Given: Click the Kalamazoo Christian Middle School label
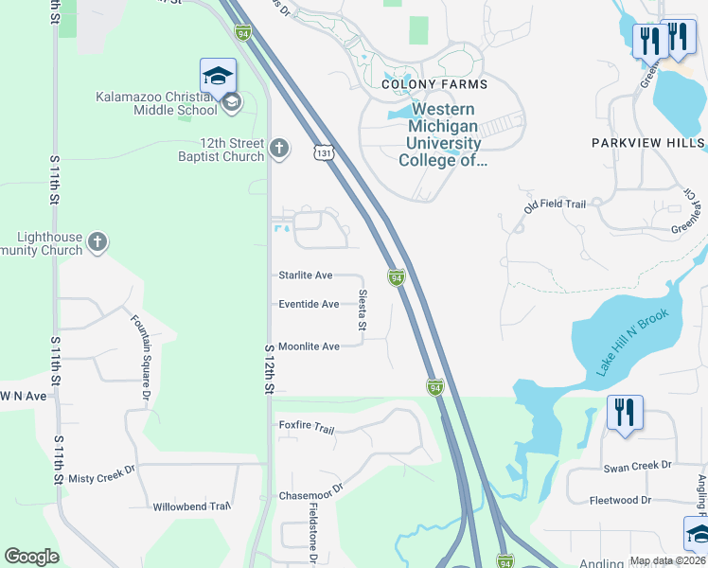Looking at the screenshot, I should [156, 103].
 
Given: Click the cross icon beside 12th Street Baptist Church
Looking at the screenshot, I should [278, 148].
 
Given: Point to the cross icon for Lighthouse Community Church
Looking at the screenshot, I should [97, 243].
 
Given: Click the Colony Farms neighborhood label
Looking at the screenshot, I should [434, 84].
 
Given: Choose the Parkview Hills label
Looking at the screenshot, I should [648, 143].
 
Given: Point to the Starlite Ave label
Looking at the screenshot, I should [305, 275].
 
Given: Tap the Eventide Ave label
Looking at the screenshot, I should [309, 304].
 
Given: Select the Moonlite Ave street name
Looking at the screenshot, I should [309, 346].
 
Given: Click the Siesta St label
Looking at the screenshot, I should [363, 311].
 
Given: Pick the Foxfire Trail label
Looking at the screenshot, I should [307, 428].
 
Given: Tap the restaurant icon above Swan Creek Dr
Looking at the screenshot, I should [625, 413].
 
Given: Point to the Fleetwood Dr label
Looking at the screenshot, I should [620, 500].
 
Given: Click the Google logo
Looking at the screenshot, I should [32, 557].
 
